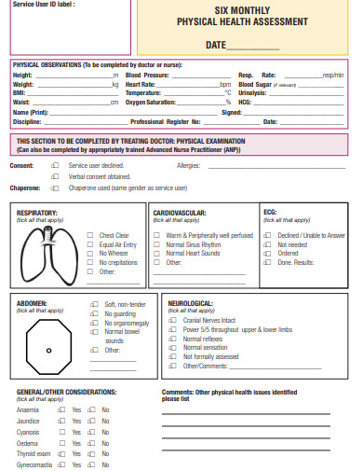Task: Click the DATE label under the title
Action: (x=216, y=45)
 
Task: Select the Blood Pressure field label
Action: (x=147, y=75)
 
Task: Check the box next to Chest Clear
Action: (x=89, y=236)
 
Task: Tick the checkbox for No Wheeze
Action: (x=89, y=253)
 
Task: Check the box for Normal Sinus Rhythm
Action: (x=158, y=244)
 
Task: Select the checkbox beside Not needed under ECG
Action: (x=267, y=244)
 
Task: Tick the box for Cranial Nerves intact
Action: (x=174, y=320)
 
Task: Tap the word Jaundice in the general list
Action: (x=28, y=422)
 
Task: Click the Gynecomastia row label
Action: (x=34, y=464)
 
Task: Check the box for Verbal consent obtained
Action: (x=55, y=175)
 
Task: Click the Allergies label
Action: (x=189, y=165)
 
